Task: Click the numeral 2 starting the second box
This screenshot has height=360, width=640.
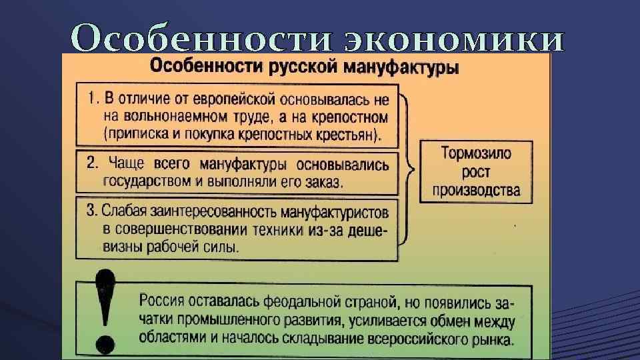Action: point(92,162)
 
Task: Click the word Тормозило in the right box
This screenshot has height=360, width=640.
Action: point(476,153)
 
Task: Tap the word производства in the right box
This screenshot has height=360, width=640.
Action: point(476,190)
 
